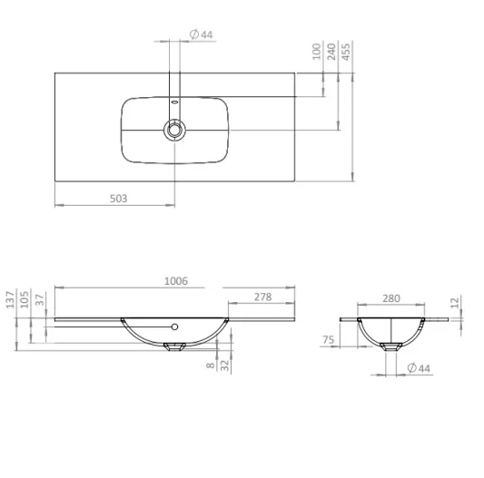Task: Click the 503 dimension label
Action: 117,198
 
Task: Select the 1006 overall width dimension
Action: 175,281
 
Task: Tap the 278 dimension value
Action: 262,298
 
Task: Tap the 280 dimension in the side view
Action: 390,298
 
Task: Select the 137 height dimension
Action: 11,300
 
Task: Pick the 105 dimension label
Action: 25,300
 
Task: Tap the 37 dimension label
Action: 40,300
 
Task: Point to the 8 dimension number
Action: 210,366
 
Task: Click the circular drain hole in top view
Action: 173,130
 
